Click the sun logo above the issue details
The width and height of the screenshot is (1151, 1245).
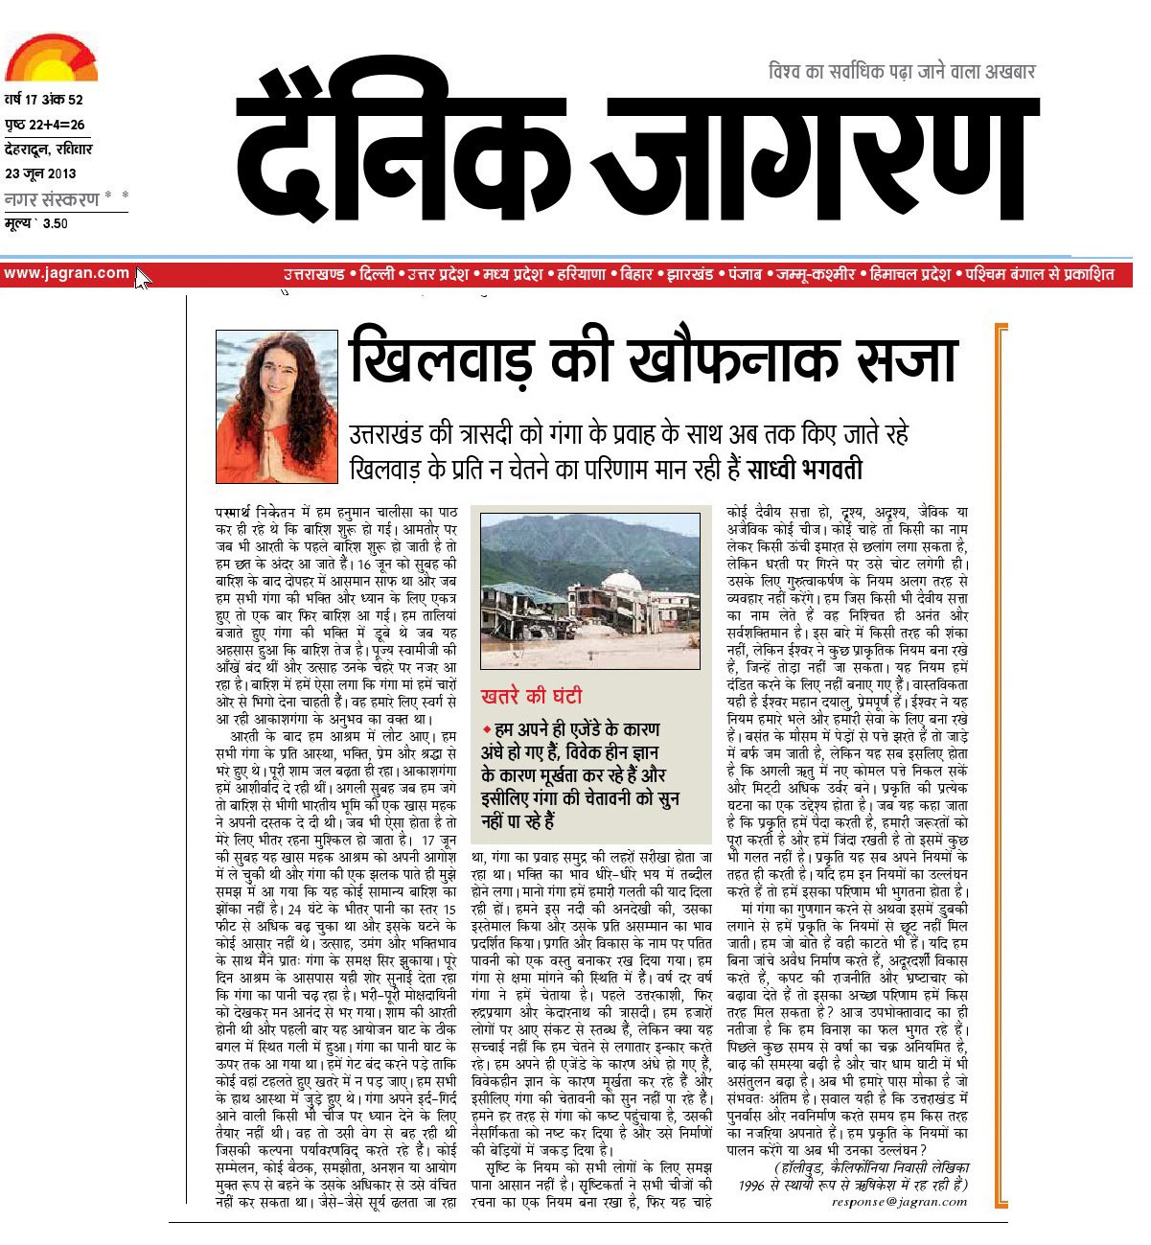51,58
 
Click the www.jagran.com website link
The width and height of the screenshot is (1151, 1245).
66,273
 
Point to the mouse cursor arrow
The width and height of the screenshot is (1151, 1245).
142,278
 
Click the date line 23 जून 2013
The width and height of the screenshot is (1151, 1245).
40,173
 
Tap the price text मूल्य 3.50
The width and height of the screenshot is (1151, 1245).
36,224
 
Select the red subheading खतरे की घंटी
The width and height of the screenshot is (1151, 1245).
531,696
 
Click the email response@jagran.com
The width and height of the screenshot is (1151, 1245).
899,1201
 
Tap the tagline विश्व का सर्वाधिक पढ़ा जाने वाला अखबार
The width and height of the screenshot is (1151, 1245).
902,71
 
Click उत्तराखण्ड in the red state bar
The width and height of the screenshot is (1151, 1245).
313,274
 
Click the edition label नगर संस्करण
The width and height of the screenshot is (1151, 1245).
52,199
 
